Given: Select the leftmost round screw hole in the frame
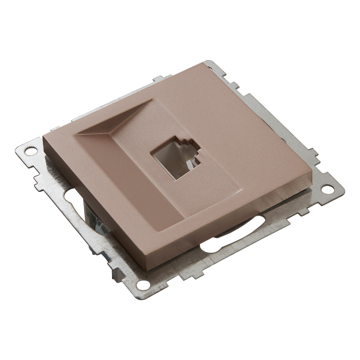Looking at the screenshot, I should coord(30,150).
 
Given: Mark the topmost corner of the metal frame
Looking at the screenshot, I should coord(209,62).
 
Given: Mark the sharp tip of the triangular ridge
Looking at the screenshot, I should coord(151,100).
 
